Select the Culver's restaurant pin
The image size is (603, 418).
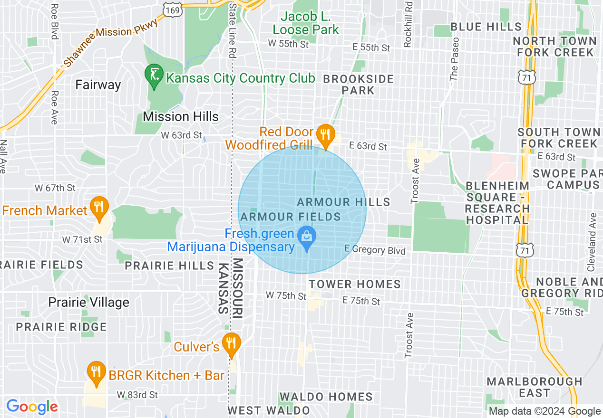(232, 344)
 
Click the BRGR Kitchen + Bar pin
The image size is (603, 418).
(97, 372)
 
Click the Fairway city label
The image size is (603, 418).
(98, 85)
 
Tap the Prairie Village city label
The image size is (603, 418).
(89, 303)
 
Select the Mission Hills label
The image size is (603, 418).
(181, 116)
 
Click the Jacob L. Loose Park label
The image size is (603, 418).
(306, 23)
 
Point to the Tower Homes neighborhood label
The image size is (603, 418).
(355, 284)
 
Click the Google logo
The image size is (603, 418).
(32, 407)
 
